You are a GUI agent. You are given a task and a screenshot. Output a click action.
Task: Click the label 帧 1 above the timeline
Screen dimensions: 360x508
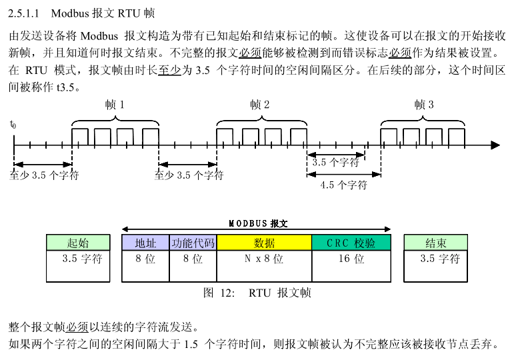point(115,105)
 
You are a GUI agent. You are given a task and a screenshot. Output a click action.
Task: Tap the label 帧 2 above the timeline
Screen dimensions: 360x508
point(260,105)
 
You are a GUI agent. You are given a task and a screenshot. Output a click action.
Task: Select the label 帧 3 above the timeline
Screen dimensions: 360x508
point(423,105)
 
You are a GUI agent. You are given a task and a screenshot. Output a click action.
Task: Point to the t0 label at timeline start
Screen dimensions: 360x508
point(13,125)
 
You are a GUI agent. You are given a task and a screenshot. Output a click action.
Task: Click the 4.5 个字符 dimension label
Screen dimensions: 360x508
point(344,185)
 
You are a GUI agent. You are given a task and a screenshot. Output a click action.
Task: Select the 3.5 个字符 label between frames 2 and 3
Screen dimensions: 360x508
point(335,162)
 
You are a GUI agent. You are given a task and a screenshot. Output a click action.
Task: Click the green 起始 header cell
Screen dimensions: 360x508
point(78,243)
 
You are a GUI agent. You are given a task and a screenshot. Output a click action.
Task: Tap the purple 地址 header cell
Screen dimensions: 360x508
point(145,243)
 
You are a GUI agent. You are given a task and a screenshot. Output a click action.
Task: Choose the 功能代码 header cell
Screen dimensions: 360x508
point(193,243)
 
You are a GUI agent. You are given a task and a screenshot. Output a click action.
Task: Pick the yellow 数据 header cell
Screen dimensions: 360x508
point(264,243)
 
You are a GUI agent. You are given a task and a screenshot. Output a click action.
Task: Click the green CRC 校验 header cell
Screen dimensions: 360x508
point(351,243)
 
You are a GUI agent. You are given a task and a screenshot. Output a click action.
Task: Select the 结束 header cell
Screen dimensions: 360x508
point(436,243)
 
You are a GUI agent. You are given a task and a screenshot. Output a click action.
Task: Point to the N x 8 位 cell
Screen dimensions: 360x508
point(264,259)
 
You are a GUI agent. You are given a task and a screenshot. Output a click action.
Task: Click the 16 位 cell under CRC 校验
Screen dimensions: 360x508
point(351,259)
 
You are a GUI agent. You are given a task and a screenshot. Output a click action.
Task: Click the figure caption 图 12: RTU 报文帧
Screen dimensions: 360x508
point(257,293)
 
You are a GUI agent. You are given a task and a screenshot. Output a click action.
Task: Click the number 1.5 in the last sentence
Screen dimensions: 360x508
point(192,344)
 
